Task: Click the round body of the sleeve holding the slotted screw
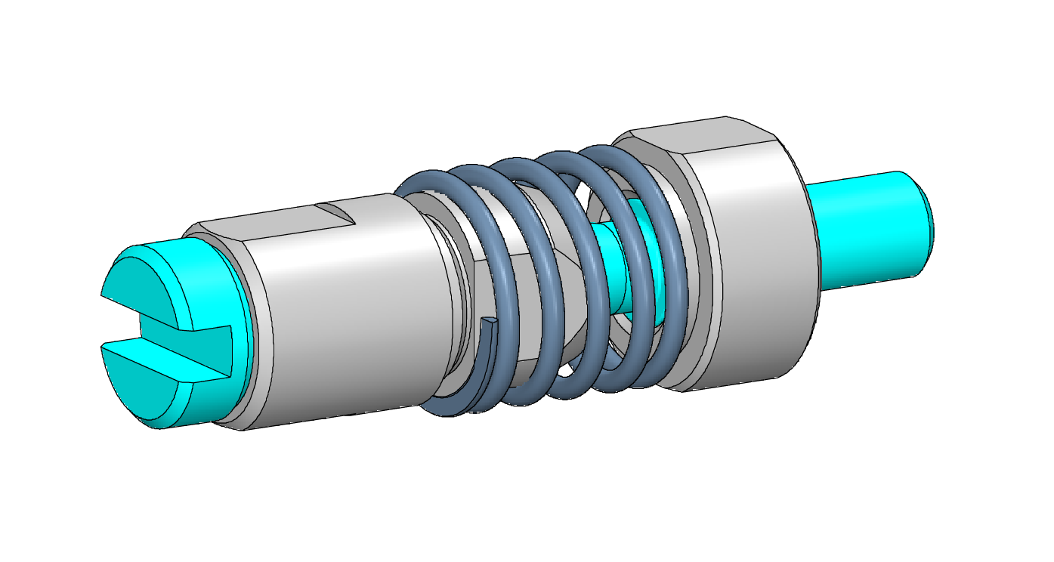tap(340, 317)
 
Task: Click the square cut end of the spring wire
tap(489, 323)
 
